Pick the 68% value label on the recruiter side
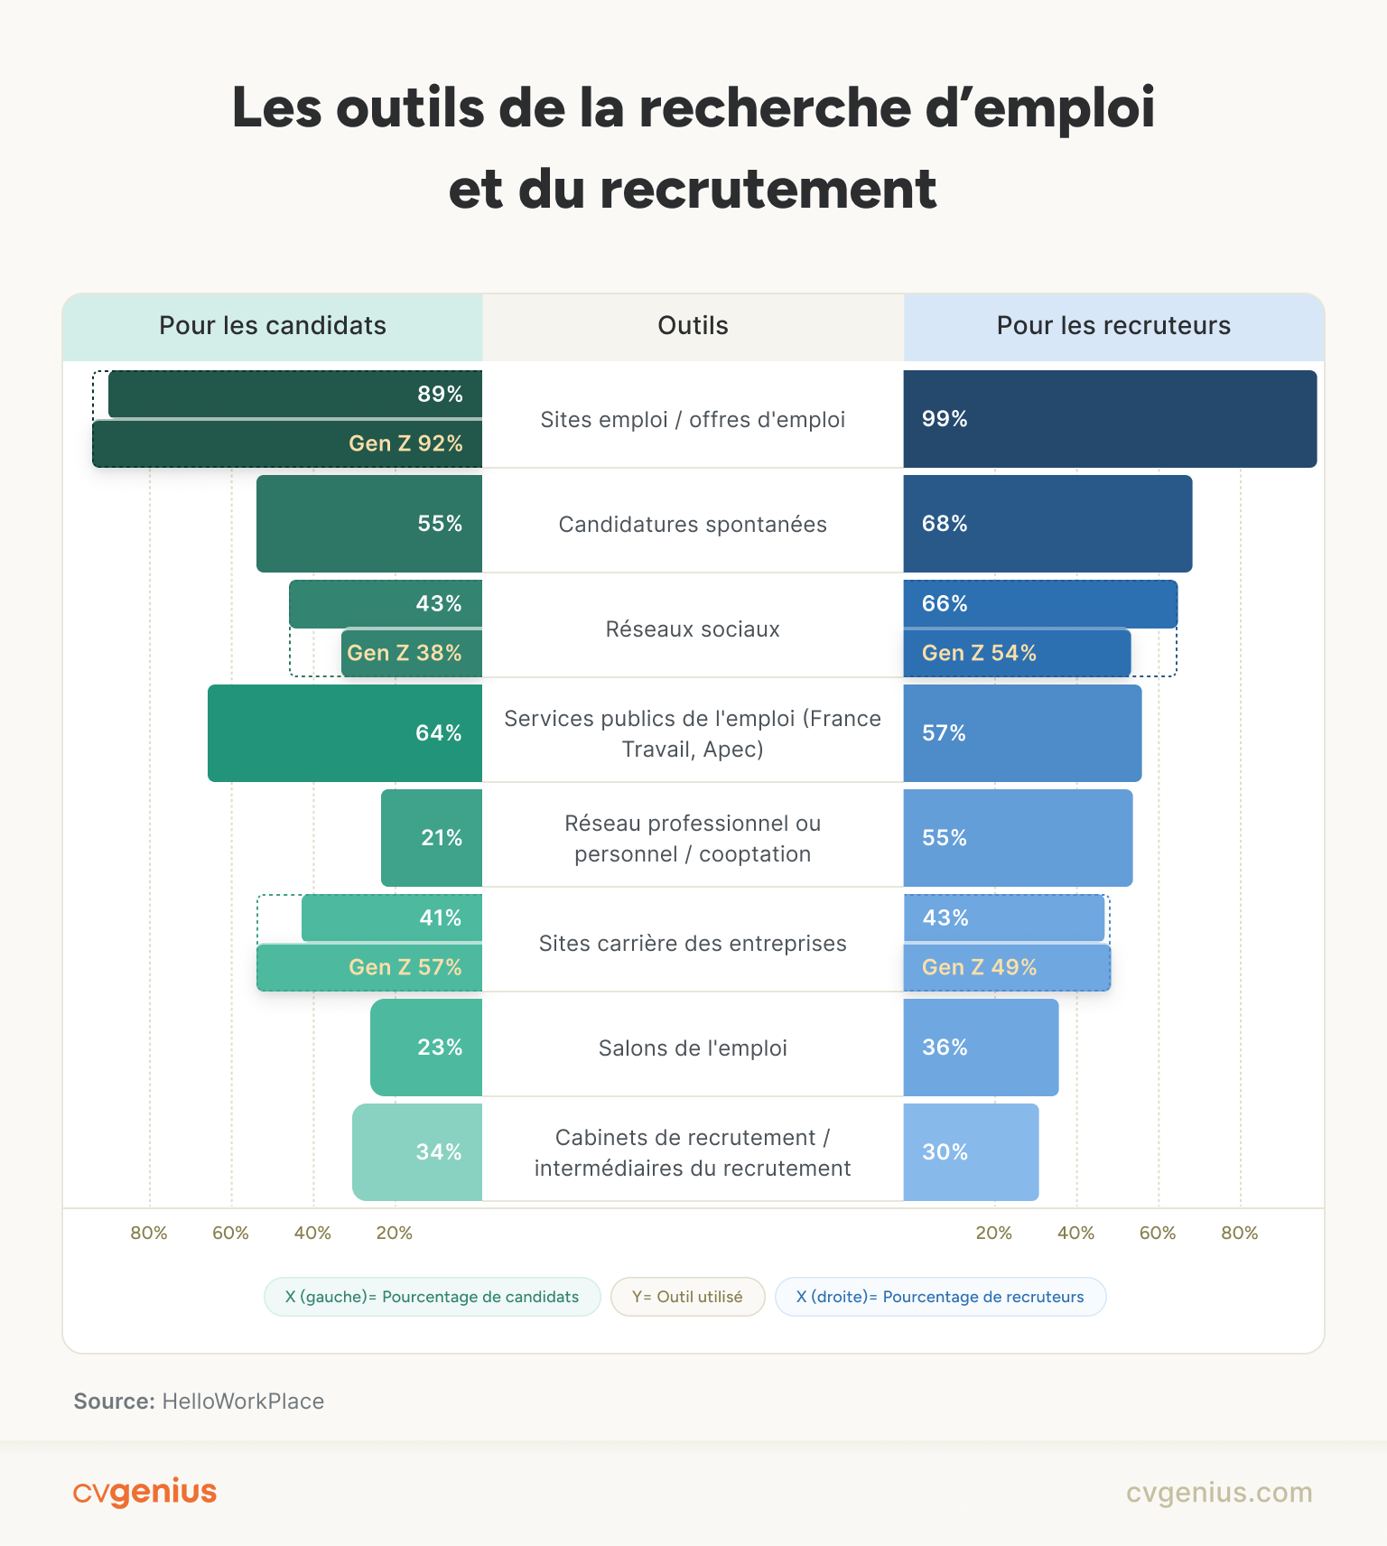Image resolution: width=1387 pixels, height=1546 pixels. pos(945,524)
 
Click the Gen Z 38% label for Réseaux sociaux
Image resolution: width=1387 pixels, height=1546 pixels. pos(405,653)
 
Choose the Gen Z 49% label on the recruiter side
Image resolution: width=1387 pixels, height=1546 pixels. pos(979,967)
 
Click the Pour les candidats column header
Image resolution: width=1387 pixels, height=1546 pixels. pos(273,326)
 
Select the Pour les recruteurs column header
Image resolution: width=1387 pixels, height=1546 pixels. pos(1113,326)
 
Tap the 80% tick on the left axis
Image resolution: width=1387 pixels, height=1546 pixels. pos(149,1233)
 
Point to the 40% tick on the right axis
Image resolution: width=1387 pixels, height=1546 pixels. pos(1075,1233)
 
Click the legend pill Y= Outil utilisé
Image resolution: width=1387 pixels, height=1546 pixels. pos(687,1297)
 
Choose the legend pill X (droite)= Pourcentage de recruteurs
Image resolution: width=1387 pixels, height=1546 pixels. pos(940,1297)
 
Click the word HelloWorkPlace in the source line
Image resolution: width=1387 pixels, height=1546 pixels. pos(243,1402)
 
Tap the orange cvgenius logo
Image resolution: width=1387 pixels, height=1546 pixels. pos(144,1492)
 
